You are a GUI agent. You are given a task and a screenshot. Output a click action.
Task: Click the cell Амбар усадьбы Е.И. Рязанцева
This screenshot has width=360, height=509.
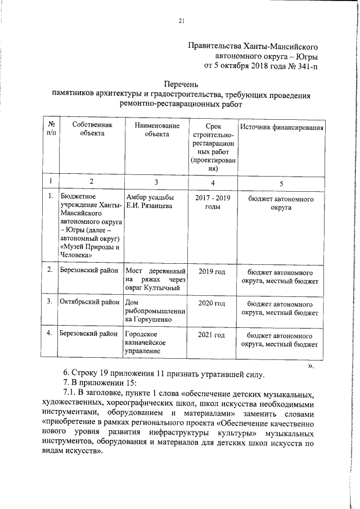coord(150,202)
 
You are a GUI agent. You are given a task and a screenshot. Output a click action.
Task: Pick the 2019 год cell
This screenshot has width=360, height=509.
coord(213,272)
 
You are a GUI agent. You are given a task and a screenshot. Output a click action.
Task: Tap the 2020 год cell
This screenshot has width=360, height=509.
coord(213,304)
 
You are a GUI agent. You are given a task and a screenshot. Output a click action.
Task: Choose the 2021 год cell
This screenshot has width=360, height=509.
coord(213,335)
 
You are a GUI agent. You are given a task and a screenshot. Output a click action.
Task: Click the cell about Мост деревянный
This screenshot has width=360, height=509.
coord(155,280)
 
